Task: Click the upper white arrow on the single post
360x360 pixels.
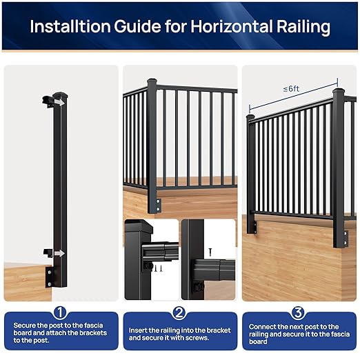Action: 60,101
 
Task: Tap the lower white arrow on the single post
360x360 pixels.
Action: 60,253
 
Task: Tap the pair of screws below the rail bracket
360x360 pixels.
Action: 157,267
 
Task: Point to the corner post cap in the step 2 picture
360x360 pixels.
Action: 152,81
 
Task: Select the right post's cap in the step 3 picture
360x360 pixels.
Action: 339,91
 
